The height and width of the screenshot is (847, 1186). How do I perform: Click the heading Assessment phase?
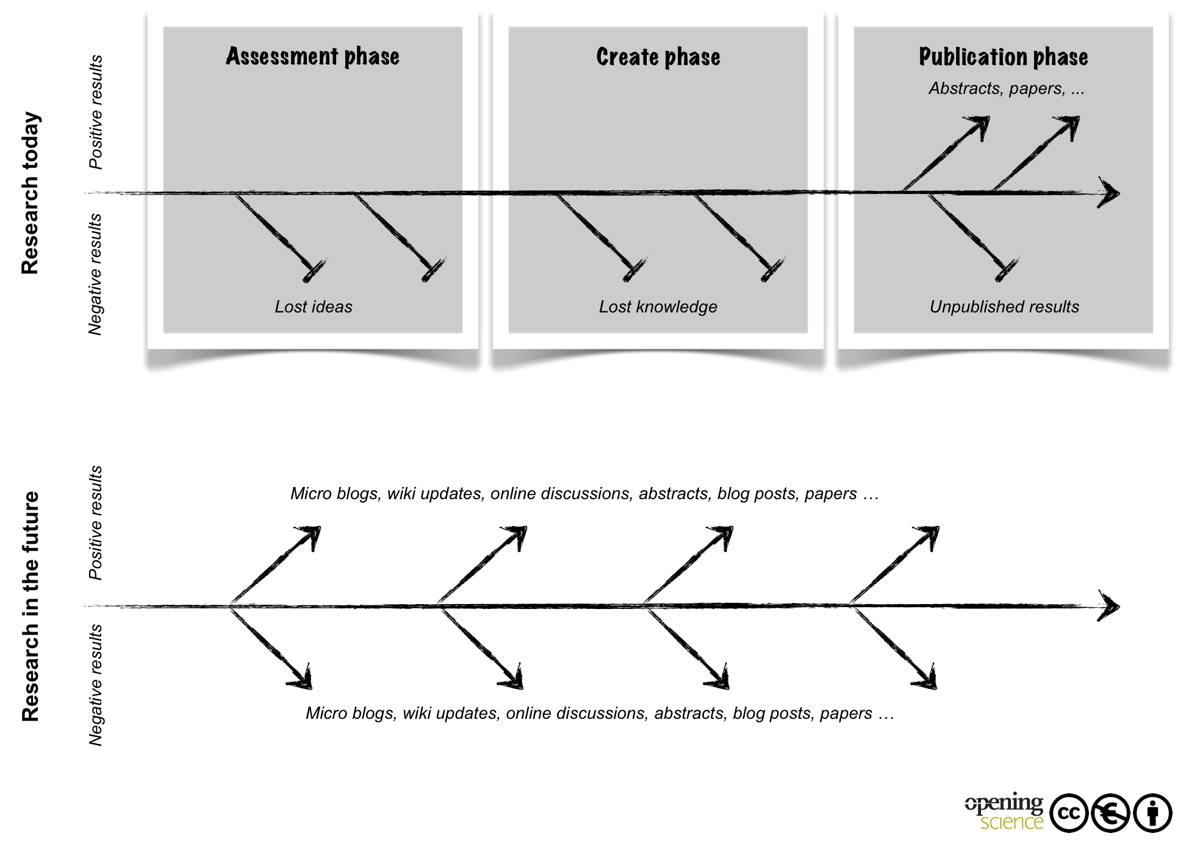coord(312,56)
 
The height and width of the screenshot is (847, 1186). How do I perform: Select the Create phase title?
coord(658,57)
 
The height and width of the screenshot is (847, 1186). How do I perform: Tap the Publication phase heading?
coord(1004,57)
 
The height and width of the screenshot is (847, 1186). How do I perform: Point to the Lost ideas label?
coord(314,306)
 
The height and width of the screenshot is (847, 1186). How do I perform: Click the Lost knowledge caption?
coord(658,307)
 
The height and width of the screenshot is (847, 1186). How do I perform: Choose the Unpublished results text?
coord(1004,306)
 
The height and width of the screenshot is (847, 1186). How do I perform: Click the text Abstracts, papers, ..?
coord(997,89)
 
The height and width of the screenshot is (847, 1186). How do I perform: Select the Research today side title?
coord(31,193)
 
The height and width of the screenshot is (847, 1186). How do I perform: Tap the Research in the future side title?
coord(31,606)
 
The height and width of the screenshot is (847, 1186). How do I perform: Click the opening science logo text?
coord(1004,812)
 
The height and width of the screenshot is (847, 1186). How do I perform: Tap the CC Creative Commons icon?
coord(1069,813)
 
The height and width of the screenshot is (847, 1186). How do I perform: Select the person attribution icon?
coord(1152,813)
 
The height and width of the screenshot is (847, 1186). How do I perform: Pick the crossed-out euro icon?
coord(1110,813)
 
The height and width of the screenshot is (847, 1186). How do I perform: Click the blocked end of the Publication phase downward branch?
coord(1007,270)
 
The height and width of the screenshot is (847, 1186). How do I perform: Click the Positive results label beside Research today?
coord(96,112)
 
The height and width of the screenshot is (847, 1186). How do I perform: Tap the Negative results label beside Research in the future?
coord(95,685)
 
